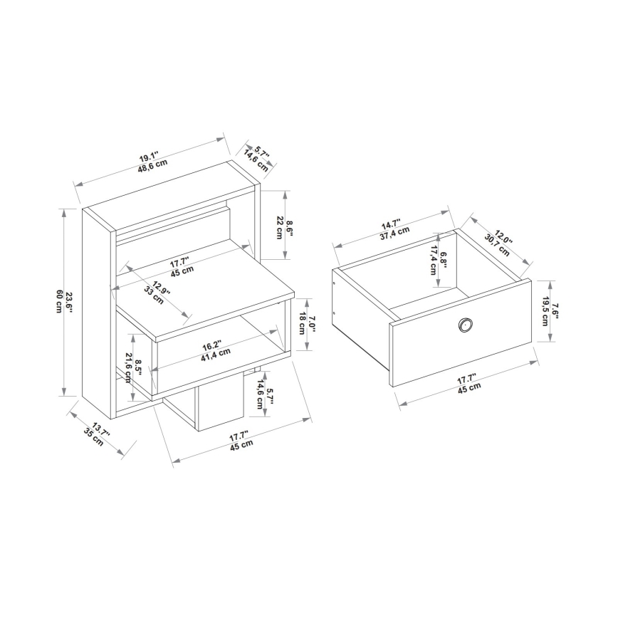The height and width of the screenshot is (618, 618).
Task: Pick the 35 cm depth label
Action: [93, 437]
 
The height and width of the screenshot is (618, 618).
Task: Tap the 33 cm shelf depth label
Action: [153, 295]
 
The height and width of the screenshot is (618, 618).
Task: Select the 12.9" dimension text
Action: [161, 286]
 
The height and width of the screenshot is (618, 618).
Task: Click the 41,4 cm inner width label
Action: [215, 352]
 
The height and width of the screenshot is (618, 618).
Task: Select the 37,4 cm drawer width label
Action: [394, 232]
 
